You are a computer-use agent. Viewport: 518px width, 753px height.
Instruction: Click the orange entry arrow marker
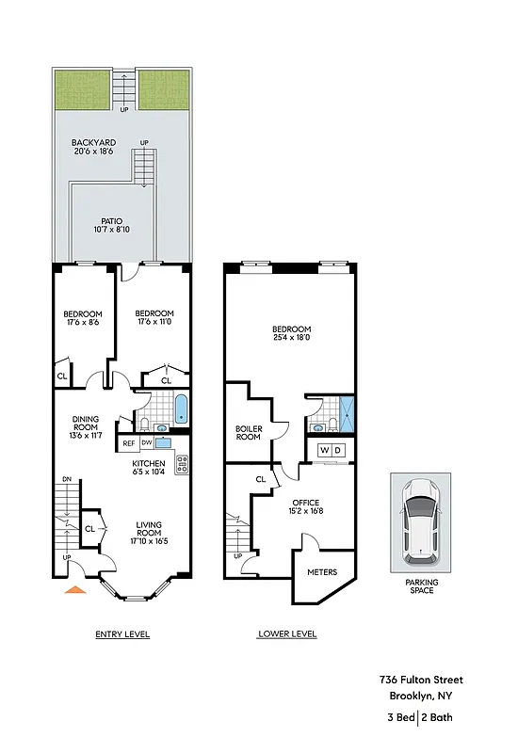click(73, 590)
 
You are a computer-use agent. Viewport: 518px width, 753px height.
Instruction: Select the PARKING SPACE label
click(421, 585)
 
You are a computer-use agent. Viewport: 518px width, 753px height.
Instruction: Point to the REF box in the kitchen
click(128, 442)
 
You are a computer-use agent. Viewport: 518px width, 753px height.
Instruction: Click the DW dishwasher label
click(147, 442)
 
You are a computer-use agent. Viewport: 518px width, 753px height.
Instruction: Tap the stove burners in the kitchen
click(182, 462)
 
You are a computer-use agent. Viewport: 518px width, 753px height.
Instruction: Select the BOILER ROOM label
click(248, 433)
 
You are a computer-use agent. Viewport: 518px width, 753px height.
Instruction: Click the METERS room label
click(322, 571)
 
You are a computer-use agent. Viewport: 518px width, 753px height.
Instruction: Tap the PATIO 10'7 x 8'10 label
click(112, 226)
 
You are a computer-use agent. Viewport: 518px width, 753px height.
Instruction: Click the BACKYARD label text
click(94, 143)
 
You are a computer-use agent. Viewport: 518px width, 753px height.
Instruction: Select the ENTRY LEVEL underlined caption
click(122, 634)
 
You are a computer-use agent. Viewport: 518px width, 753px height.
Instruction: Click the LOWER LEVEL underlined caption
click(287, 634)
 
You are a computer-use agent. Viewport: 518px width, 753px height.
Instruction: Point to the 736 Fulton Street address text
click(421, 680)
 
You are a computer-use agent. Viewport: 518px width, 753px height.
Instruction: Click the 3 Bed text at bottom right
click(401, 718)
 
